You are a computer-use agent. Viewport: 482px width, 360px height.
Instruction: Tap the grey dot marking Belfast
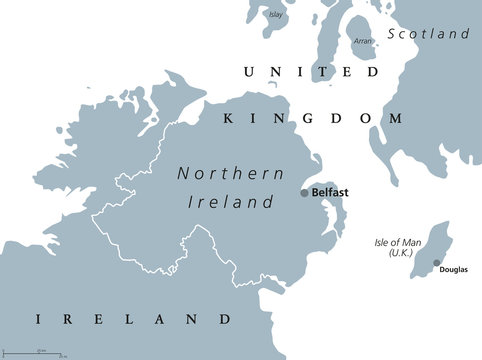coord(305,193)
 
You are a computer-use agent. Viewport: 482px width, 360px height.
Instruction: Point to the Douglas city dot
coord(436,262)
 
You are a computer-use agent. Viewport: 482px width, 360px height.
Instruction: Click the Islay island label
coord(277,15)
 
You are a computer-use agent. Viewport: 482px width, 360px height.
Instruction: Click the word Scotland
coord(430,34)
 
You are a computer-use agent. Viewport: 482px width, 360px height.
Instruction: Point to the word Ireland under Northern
coord(231,201)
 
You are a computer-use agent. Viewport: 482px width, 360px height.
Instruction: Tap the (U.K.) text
coord(391,256)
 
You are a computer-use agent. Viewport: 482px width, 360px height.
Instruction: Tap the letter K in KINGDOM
coord(226,118)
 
